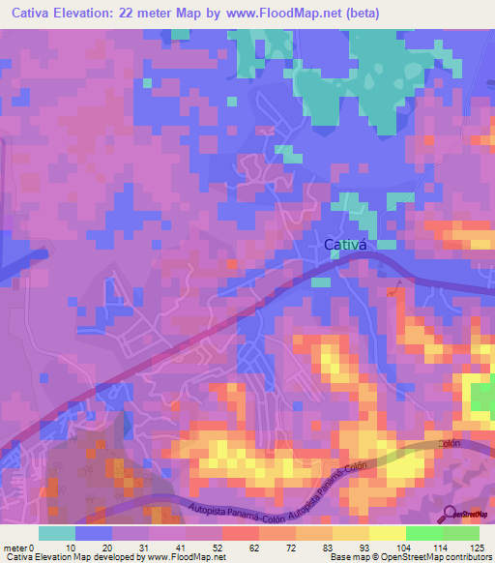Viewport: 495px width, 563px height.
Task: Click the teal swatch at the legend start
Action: (x=57, y=533)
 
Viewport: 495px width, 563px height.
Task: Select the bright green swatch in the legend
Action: (x=423, y=533)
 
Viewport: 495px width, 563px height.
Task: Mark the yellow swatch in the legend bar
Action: (x=387, y=533)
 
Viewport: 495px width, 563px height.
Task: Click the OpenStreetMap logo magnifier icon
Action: (x=449, y=514)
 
